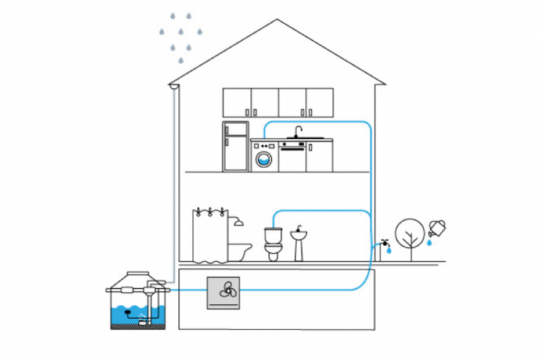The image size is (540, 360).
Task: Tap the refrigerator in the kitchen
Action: (235, 146)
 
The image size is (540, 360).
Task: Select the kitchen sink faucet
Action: (298, 131)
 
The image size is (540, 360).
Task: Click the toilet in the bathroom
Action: (273, 244)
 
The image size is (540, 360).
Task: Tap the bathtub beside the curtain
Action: (239, 251)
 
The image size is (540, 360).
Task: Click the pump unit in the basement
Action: (224, 293)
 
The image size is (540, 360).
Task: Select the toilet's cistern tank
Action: (273, 235)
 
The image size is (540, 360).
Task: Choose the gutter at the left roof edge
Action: (172, 87)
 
